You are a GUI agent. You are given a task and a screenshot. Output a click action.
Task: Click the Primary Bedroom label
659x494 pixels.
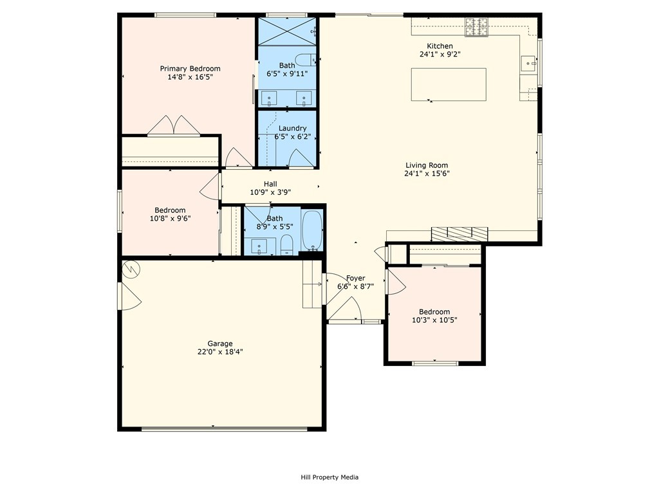pyautogui.click(x=190, y=68)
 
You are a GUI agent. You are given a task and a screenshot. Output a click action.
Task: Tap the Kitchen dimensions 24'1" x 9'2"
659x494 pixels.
pyautogui.click(x=440, y=54)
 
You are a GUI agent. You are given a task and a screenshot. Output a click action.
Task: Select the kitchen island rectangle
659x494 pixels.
pyautogui.click(x=449, y=84)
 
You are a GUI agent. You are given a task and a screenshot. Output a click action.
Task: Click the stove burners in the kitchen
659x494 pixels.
pyautogui.click(x=476, y=26)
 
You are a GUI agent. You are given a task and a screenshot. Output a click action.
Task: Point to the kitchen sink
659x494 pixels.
pyautogui.click(x=529, y=64)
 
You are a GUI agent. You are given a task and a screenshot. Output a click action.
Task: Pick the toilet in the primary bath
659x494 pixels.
pyautogui.click(x=304, y=60)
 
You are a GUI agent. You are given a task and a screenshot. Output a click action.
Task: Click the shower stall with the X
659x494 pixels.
pyautogui.click(x=286, y=31)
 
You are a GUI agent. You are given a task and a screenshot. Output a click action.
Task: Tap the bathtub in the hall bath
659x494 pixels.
pyautogui.click(x=312, y=231)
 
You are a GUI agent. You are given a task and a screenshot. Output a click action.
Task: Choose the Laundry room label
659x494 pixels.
pyautogui.click(x=293, y=128)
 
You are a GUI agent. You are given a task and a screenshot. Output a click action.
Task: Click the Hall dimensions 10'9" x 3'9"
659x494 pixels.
pyautogui.click(x=271, y=192)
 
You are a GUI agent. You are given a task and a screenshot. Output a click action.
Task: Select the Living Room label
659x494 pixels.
pyautogui.click(x=427, y=165)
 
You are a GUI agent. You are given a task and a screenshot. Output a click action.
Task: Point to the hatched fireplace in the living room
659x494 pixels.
pyautogui.click(x=459, y=234)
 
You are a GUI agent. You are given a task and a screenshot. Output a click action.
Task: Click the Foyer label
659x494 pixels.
pyautogui.click(x=355, y=278)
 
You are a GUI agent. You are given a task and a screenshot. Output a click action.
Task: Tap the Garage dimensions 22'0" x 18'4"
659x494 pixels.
pyautogui.click(x=220, y=352)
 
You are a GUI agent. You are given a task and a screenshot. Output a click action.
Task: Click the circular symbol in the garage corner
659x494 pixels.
pyautogui.click(x=130, y=270)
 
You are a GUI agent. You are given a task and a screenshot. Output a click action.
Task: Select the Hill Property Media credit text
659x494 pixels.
pyautogui.click(x=329, y=477)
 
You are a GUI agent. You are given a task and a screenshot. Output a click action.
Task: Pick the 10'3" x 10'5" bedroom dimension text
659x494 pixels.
pyautogui.click(x=434, y=320)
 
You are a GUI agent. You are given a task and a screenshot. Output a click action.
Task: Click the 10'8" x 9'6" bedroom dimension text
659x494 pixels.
pyautogui.click(x=170, y=219)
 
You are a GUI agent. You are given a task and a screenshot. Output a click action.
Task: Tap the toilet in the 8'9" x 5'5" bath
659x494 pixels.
pyautogui.click(x=286, y=245)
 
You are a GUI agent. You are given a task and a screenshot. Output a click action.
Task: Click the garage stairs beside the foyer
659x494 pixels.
pyautogui.click(x=312, y=284)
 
